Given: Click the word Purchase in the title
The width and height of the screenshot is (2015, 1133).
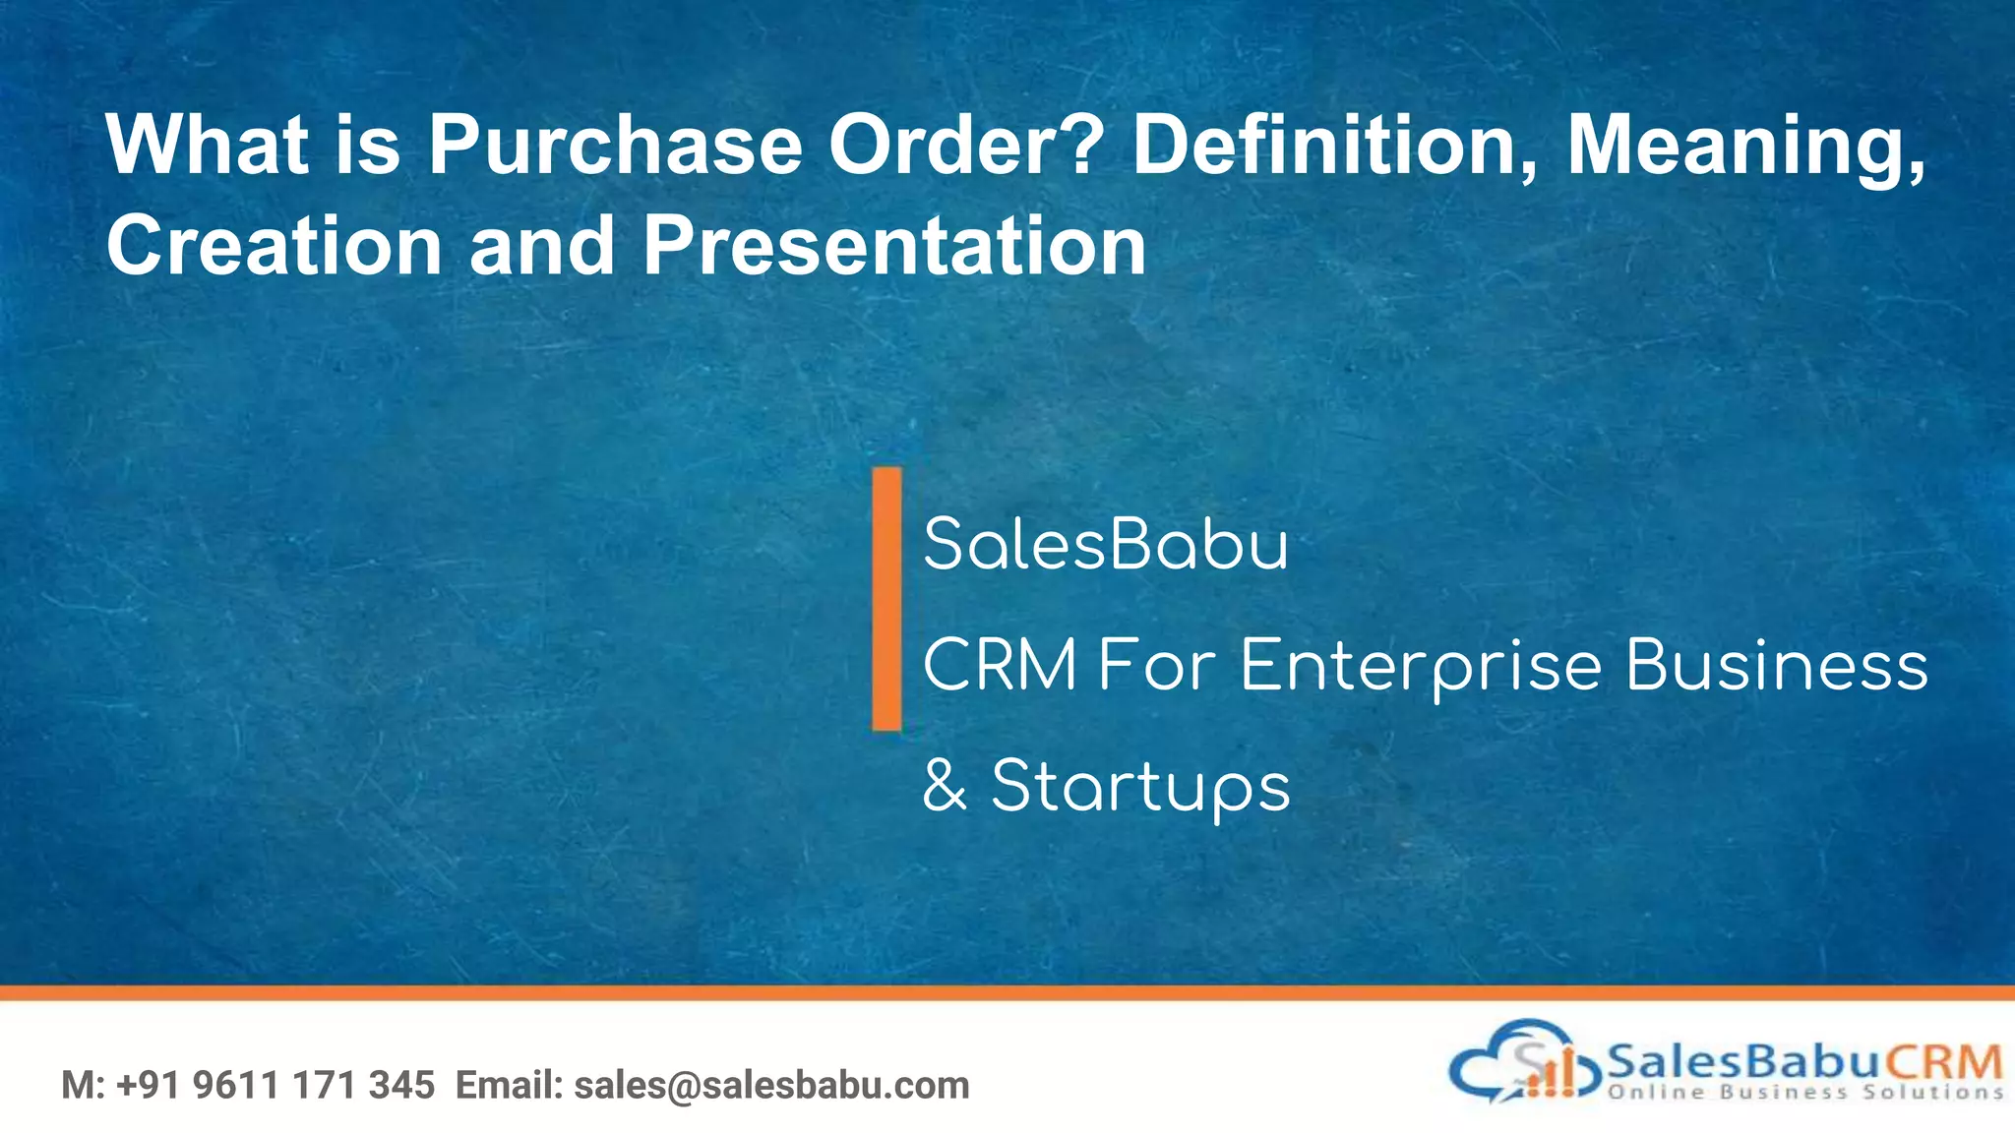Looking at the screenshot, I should click(615, 146).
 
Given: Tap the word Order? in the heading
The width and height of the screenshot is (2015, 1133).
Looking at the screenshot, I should click(962, 146).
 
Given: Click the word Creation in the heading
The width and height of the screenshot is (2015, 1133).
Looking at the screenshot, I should click(274, 245).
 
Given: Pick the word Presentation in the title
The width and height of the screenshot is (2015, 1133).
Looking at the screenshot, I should click(893, 245).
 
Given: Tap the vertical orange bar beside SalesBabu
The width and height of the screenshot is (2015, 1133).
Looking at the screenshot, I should click(886, 598).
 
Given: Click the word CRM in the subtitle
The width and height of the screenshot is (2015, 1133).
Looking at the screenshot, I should click(1000, 666).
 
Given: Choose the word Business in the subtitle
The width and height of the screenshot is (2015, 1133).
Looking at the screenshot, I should click(1776, 666).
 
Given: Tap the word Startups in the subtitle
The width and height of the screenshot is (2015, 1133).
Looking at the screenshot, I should click(1139, 788).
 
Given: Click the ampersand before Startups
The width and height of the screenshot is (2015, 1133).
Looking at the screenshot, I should click(945, 787).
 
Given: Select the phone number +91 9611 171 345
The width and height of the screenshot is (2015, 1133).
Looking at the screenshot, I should click(275, 1085).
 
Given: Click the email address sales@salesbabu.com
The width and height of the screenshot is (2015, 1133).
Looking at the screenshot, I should click(771, 1085).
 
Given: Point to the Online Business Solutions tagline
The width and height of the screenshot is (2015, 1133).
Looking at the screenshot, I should click(1805, 1092).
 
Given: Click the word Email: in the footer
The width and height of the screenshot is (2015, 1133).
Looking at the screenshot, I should click(509, 1085).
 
